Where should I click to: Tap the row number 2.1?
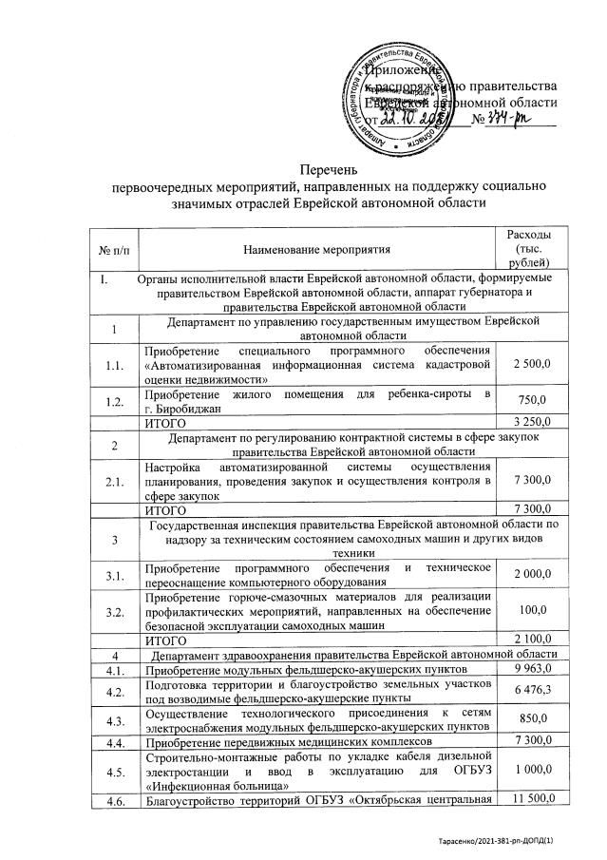[113, 483]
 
